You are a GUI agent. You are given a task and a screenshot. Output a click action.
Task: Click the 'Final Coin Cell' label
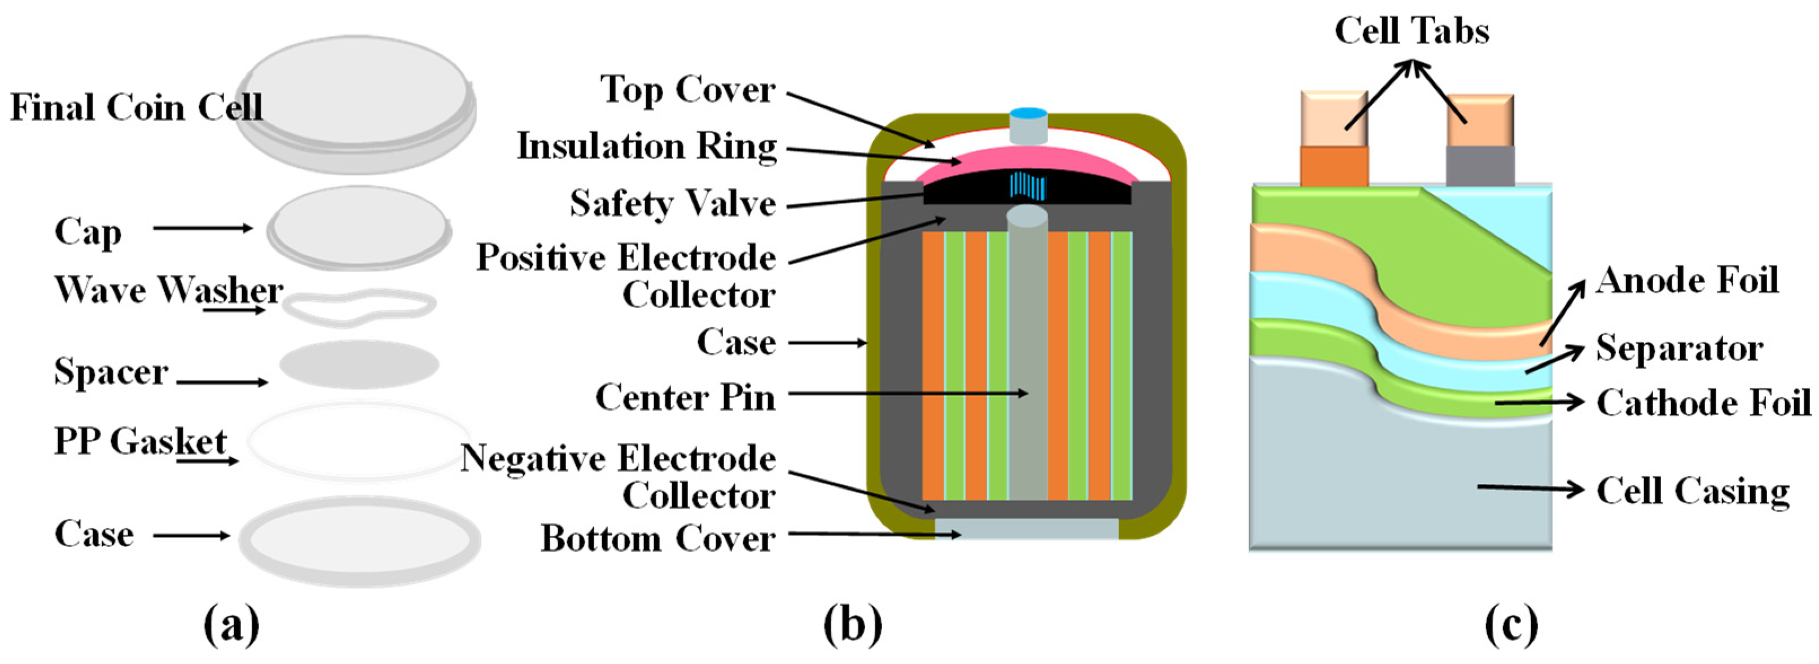tap(136, 107)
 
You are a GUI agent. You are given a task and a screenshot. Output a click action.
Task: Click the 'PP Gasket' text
tap(140, 442)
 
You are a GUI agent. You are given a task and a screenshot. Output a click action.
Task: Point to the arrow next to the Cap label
tap(203, 228)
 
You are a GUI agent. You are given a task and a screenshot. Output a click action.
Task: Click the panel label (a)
tap(231, 624)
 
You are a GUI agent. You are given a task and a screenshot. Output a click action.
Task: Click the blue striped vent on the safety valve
tap(1027, 186)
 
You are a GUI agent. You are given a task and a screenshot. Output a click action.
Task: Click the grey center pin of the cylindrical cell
tap(1027, 353)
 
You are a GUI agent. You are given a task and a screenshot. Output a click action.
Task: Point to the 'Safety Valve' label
tap(672, 203)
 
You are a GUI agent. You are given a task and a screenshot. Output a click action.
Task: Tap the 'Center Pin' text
tap(685, 397)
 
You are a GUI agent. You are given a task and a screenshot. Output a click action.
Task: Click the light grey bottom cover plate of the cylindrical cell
tap(1027, 529)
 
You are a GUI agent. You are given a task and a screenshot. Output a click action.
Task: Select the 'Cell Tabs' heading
tap(1412, 31)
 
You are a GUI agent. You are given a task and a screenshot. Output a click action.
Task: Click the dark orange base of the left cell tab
tap(1334, 166)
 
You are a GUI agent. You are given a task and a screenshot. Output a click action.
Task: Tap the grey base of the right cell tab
tap(1480, 166)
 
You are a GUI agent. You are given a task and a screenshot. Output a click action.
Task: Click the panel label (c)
tap(1511, 624)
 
